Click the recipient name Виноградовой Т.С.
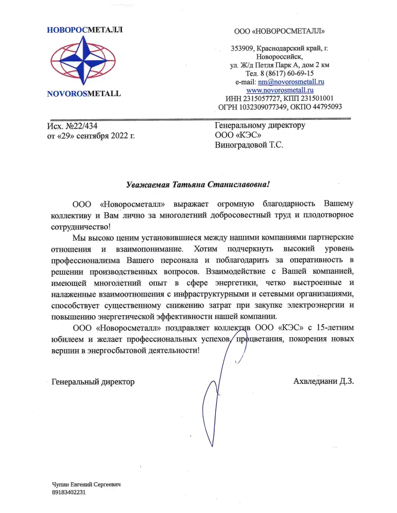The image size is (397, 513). [249, 145]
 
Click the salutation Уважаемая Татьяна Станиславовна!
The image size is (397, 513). [198, 185]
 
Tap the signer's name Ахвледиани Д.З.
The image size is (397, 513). [324, 381]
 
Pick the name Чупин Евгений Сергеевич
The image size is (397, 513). [86, 485]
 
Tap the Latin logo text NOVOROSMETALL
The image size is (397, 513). [84, 93]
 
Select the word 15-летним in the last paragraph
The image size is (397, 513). [334, 328]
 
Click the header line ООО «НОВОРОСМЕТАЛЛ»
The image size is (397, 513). [279, 32]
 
